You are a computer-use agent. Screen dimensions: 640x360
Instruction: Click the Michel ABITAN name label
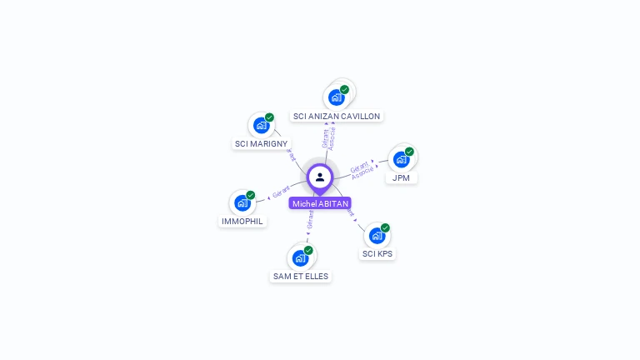tap(320, 203)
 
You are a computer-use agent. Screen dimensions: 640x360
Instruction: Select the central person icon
tap(320, 177)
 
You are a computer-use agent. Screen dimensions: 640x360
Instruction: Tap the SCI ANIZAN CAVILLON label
tap(337, 117)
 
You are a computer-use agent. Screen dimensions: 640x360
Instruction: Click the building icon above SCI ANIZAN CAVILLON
tap(337, 97)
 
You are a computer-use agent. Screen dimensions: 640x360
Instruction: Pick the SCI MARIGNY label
tap(261, 144)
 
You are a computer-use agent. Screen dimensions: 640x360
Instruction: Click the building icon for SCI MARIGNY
tap(262, 126)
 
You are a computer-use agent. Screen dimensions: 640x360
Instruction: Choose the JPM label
tap(402, 177)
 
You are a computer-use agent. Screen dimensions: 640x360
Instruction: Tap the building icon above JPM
tap(402, 159)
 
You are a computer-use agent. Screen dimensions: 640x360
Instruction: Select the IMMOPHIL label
tap(242, 222)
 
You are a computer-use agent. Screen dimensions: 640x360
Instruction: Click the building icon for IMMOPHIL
tap(242, 202)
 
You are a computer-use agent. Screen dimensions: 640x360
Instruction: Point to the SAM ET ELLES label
tap(301, 276)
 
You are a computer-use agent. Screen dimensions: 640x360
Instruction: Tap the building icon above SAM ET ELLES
tap(300, 258)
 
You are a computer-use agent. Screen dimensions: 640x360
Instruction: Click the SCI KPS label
tap(377, 253)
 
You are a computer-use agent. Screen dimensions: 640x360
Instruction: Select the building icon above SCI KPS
tap(377, 236)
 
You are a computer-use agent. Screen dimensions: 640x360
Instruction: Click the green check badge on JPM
tap(409, 152)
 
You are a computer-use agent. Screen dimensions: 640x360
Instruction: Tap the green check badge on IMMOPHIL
tap(250, 195)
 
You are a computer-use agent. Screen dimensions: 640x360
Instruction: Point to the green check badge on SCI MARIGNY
tap(269, 118)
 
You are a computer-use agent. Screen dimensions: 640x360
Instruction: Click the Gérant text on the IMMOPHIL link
tap(281, 193)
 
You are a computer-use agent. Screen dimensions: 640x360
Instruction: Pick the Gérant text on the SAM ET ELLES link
tap(310, 219)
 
